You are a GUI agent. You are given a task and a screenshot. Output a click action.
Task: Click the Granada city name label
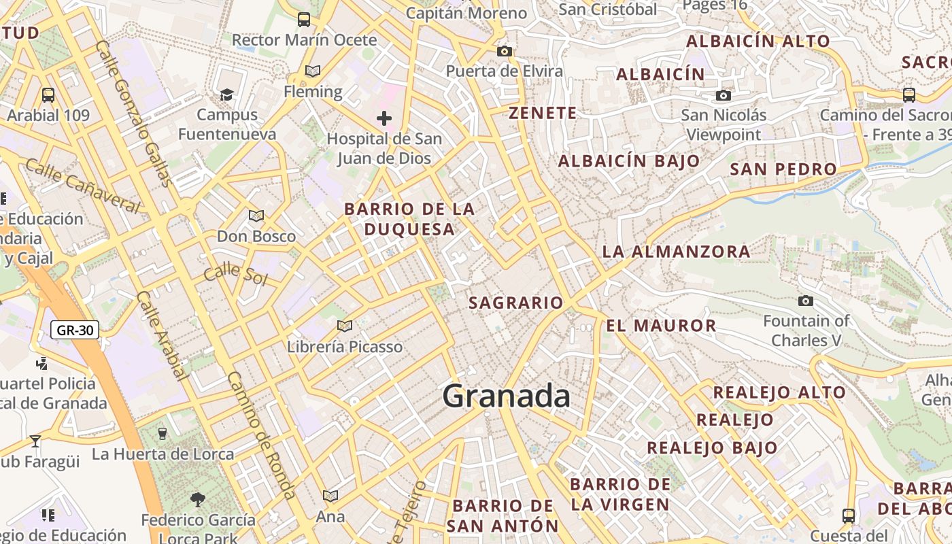pyautogui.click(x=507, y=396)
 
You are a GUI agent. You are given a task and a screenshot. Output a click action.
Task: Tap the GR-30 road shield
pyautogui.click(x=75, y=330)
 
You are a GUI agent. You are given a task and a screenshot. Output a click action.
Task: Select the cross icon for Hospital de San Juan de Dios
pyautogui.click(x=384, y=118)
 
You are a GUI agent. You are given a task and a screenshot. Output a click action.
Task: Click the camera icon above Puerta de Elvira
pyautogui.click(x=504, y=51)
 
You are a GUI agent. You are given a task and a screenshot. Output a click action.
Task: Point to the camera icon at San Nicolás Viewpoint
pyautogui.click(x=724, y=95)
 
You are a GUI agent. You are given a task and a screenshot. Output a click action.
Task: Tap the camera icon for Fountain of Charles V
pyautogui.click(x=806, y=301)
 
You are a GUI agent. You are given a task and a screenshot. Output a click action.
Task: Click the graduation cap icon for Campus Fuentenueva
pyautogui.click(x=226, y=95)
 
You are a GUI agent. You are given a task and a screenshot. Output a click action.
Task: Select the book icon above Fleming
pyautogui.click(x=313, y=71)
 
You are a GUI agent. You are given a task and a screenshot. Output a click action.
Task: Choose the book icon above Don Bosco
pyautogui.click(x=256, y=216)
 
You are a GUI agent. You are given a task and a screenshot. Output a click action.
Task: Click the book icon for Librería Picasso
pyautogui.click(x=345, y=326)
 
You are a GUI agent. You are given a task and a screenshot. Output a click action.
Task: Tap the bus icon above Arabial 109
pyautogui.click(x=48, y=95)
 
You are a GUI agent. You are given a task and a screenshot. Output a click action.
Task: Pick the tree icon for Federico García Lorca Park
pyautogui.click(x=198, y=500)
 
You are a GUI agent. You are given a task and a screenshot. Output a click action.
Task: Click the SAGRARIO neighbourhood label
pyautogui.click(x=516, y=303)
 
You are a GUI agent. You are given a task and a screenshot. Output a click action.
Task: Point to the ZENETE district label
pyautogui.click(x=543, y=113)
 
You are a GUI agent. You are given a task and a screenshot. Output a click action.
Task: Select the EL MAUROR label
pyautogui.click(x=661, y=326)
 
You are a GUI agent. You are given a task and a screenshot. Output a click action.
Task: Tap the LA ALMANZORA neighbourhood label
pyautogui.click(x=676, y=252)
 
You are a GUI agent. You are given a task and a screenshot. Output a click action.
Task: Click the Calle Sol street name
pyautogui.click(x=235, y=273)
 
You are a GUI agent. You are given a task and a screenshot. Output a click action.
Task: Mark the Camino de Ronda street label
pyautogui.click(x=261, y=435)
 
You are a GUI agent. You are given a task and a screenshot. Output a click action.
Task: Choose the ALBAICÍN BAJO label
pyautogui.click(x=628, y=161)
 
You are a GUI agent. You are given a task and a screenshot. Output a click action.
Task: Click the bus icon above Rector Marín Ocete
pyautogui.click(x=304, y=19)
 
